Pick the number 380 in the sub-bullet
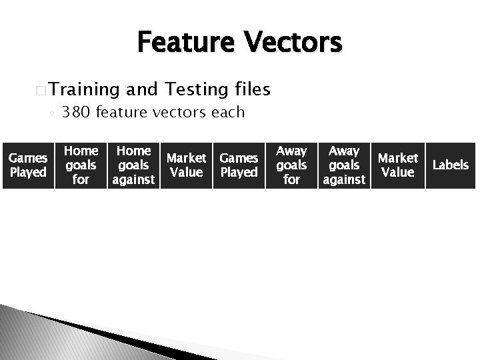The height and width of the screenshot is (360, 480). [x=77, y=112]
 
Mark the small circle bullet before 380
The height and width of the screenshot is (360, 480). [x=52, y=113]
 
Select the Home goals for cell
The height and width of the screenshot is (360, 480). [x=81, y=165]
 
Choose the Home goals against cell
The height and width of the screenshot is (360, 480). [x=133, y=165]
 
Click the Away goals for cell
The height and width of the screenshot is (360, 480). [x=291, y=165]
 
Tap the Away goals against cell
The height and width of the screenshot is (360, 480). [x=344, y=165]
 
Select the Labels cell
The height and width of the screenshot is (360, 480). [x=451, y=165]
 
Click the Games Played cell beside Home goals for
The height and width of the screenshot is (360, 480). [x=27, y=165]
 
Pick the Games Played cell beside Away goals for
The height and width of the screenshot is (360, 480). [x=239, y=165]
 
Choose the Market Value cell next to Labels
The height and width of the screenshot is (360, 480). [x=397, y=165]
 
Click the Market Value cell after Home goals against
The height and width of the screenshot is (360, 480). [x=186, y=165]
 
